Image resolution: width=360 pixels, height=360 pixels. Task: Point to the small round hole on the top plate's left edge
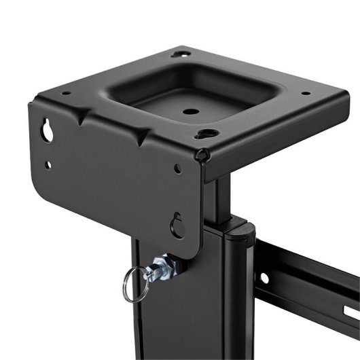[66, 93]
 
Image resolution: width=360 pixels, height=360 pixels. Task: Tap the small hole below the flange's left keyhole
[47, 164]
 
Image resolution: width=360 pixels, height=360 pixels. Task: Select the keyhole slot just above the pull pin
[178, 224]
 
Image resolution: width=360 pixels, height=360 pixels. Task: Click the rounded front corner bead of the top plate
[202, 156]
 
